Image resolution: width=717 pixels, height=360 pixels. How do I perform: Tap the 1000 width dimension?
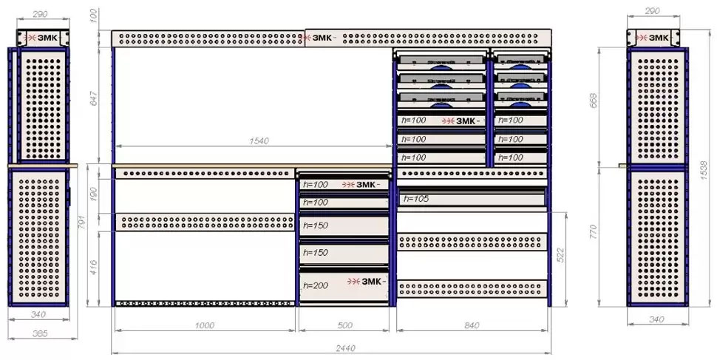[x=204, y=325]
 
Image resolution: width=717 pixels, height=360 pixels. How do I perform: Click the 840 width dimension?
[x=473, y=325]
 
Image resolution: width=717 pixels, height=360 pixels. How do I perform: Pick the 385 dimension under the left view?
[x=40, y=334]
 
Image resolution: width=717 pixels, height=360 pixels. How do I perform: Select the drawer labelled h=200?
[x=342, y=285]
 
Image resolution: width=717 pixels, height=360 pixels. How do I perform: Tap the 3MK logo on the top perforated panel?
[x=324, y=38]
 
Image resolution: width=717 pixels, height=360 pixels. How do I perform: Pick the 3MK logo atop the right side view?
[x=653, y=38]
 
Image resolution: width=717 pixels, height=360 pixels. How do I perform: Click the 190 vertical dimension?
[x=93, y=194]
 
